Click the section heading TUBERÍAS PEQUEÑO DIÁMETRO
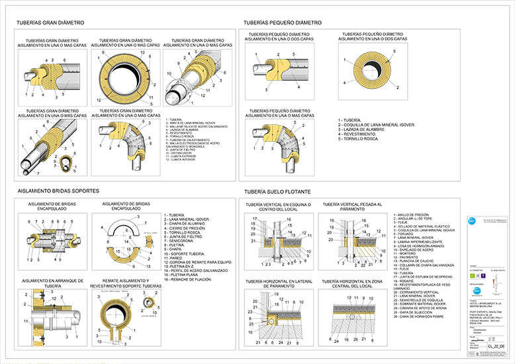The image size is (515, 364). pos(283,23)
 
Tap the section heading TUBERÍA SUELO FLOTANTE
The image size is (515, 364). pos(279,191)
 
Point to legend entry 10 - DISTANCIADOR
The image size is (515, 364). pos(181,153)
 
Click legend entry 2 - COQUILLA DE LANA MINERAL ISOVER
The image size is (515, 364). pos(376,124)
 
